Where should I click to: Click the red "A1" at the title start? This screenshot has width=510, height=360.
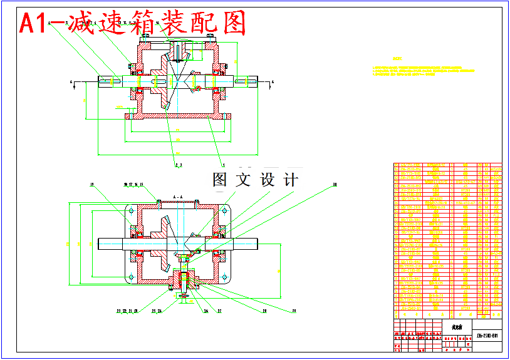pyautogui.click(x=35, y=23)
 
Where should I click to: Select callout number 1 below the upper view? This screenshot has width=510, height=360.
pyautogui.click(x=224, y=163)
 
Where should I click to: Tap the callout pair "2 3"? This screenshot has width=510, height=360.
pyautogui.click(x=177, y=165)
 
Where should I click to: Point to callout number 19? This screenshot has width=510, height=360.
pyautogui.click(x=91, y=185)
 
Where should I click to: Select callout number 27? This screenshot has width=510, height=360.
pyautogui.click(x=220, y=310)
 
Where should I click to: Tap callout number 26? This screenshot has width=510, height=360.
pyautogui.click(x=205, y=310)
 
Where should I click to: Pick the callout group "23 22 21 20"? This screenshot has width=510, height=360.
pyautogui.click(x=127, y=310)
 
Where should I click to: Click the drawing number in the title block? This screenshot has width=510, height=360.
pyautogui.click(x=487, y=336)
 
